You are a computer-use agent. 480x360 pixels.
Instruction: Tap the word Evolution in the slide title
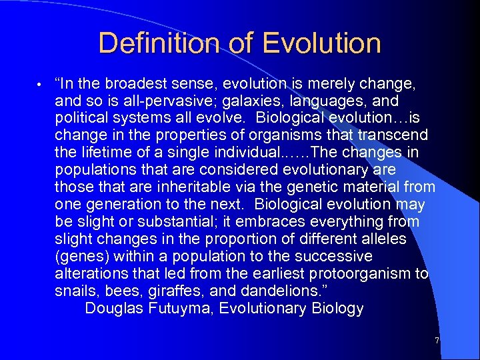coord(321,44)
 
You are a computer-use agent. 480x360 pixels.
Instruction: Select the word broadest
coord(129,83)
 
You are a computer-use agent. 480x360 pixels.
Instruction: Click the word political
coord(81,118)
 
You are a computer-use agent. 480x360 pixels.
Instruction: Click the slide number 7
coord(437,341)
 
